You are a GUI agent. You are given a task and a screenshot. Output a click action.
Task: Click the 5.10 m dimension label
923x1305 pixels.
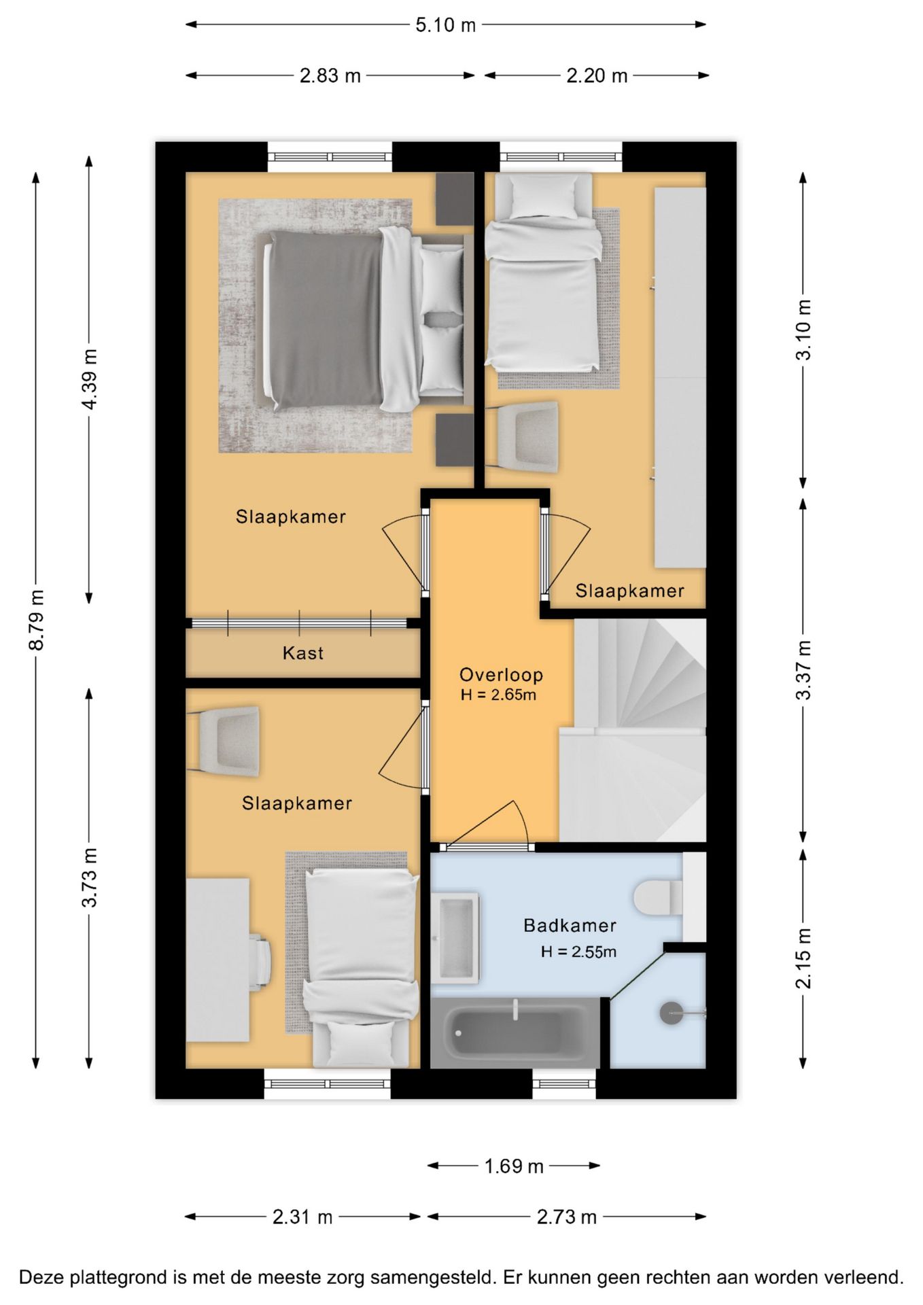point(445,25)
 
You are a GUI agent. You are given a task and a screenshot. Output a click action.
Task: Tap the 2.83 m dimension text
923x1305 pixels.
point(330,75)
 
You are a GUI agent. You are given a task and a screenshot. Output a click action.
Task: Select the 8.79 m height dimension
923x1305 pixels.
point(37,620)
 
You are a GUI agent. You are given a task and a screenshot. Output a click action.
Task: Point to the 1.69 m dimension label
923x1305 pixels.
point(513,1166)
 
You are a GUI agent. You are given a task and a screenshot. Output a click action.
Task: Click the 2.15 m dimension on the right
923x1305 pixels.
point(803,958)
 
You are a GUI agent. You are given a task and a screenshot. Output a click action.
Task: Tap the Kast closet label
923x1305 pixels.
point(303,653)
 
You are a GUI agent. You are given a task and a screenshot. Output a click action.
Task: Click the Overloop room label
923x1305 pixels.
point(502,675)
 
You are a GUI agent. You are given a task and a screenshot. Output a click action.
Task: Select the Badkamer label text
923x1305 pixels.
point(570,925)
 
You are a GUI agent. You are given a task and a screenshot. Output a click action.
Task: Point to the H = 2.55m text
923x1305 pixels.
point(578,952)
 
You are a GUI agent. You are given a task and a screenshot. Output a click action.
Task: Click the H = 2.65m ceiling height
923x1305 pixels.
point(498,695)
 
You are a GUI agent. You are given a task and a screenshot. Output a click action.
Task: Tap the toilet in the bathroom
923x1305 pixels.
point(658,898)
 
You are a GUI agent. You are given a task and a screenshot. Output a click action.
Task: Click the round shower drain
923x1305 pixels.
point(672,1013)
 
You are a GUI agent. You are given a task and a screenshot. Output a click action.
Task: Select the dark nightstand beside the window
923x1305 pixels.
point(455,199)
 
